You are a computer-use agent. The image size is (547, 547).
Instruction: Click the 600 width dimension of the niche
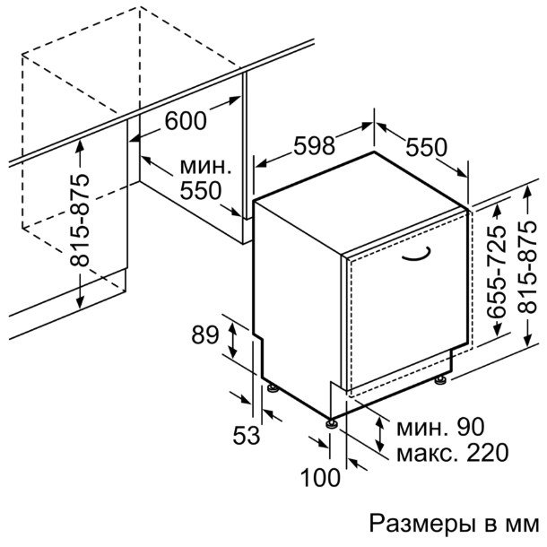186,121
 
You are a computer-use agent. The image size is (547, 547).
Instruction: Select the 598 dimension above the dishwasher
314,145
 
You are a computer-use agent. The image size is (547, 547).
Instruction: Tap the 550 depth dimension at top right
426,147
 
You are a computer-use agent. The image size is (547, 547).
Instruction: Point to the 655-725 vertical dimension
496,272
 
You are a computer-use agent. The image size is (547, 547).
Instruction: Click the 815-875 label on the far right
526,266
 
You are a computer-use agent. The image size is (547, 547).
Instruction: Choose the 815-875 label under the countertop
80,220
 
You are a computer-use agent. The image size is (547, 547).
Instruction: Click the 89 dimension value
205,334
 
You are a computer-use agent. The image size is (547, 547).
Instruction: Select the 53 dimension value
247,436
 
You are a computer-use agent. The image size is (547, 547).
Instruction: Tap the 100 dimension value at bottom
320,477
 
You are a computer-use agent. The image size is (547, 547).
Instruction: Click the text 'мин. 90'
440,427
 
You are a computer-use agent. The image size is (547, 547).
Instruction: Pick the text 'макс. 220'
453,453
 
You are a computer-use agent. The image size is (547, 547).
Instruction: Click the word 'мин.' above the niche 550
205,167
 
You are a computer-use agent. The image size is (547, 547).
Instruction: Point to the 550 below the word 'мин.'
201,191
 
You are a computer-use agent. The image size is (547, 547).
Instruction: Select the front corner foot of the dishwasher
331,423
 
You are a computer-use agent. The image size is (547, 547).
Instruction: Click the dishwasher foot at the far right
440,380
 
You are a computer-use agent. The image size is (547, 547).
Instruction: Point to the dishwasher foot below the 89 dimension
273,388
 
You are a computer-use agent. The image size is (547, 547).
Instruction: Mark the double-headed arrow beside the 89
232,341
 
